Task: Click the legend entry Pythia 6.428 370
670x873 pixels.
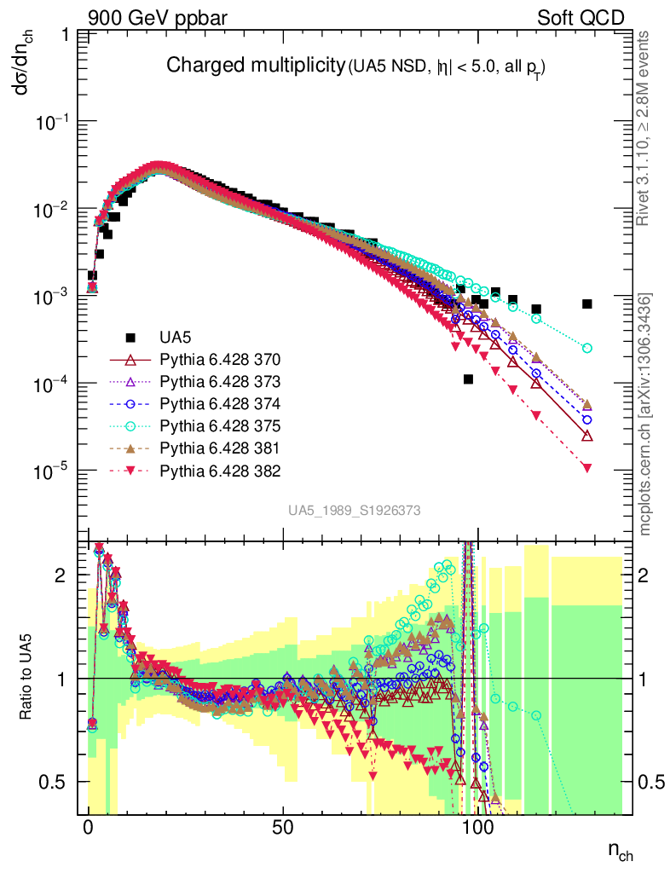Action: [219, 359]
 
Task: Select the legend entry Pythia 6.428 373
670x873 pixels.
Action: [219, 381]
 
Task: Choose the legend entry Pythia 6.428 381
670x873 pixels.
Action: [219, 448]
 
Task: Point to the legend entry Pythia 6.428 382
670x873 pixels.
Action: [219, 470]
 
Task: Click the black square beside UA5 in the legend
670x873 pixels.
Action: [131, 337]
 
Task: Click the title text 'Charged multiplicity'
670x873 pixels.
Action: [254, 66]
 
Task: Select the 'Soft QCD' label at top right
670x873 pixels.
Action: [580, 17]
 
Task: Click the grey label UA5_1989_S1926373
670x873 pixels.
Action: [354, 511]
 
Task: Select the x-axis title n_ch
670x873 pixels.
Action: [619, 853]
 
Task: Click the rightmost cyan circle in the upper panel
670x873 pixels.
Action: [586, 348]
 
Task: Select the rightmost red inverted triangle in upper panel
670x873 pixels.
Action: [586, 467]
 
